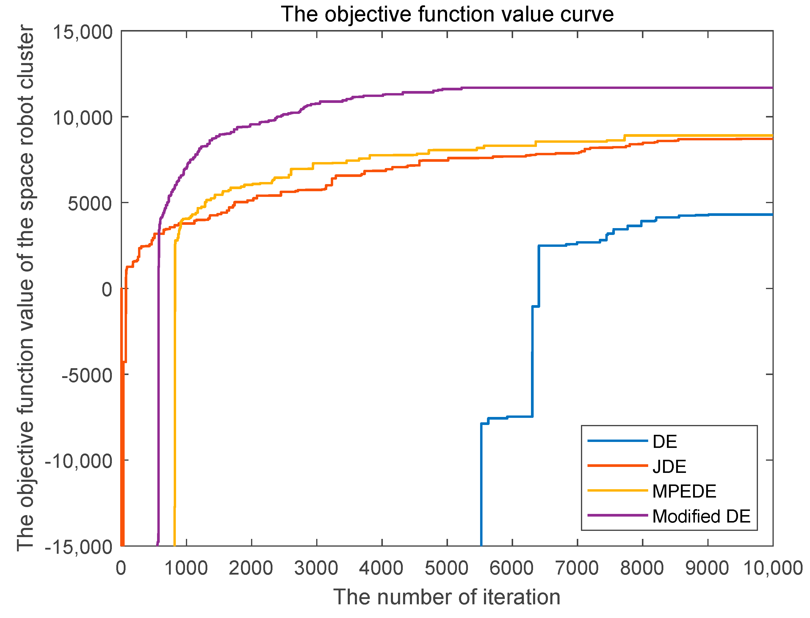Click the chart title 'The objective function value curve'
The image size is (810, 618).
[446, 15]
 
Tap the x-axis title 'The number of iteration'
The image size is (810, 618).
[446, 597]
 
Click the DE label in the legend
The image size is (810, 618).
[664, 441]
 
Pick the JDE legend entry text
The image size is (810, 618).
[669, 466]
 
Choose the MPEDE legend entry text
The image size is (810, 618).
[684, 492]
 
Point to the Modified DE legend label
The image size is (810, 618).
[701, 517]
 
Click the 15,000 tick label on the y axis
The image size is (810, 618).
[83, 32]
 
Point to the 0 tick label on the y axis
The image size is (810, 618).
[107, 289]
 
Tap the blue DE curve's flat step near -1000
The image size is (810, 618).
[535, 306]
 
